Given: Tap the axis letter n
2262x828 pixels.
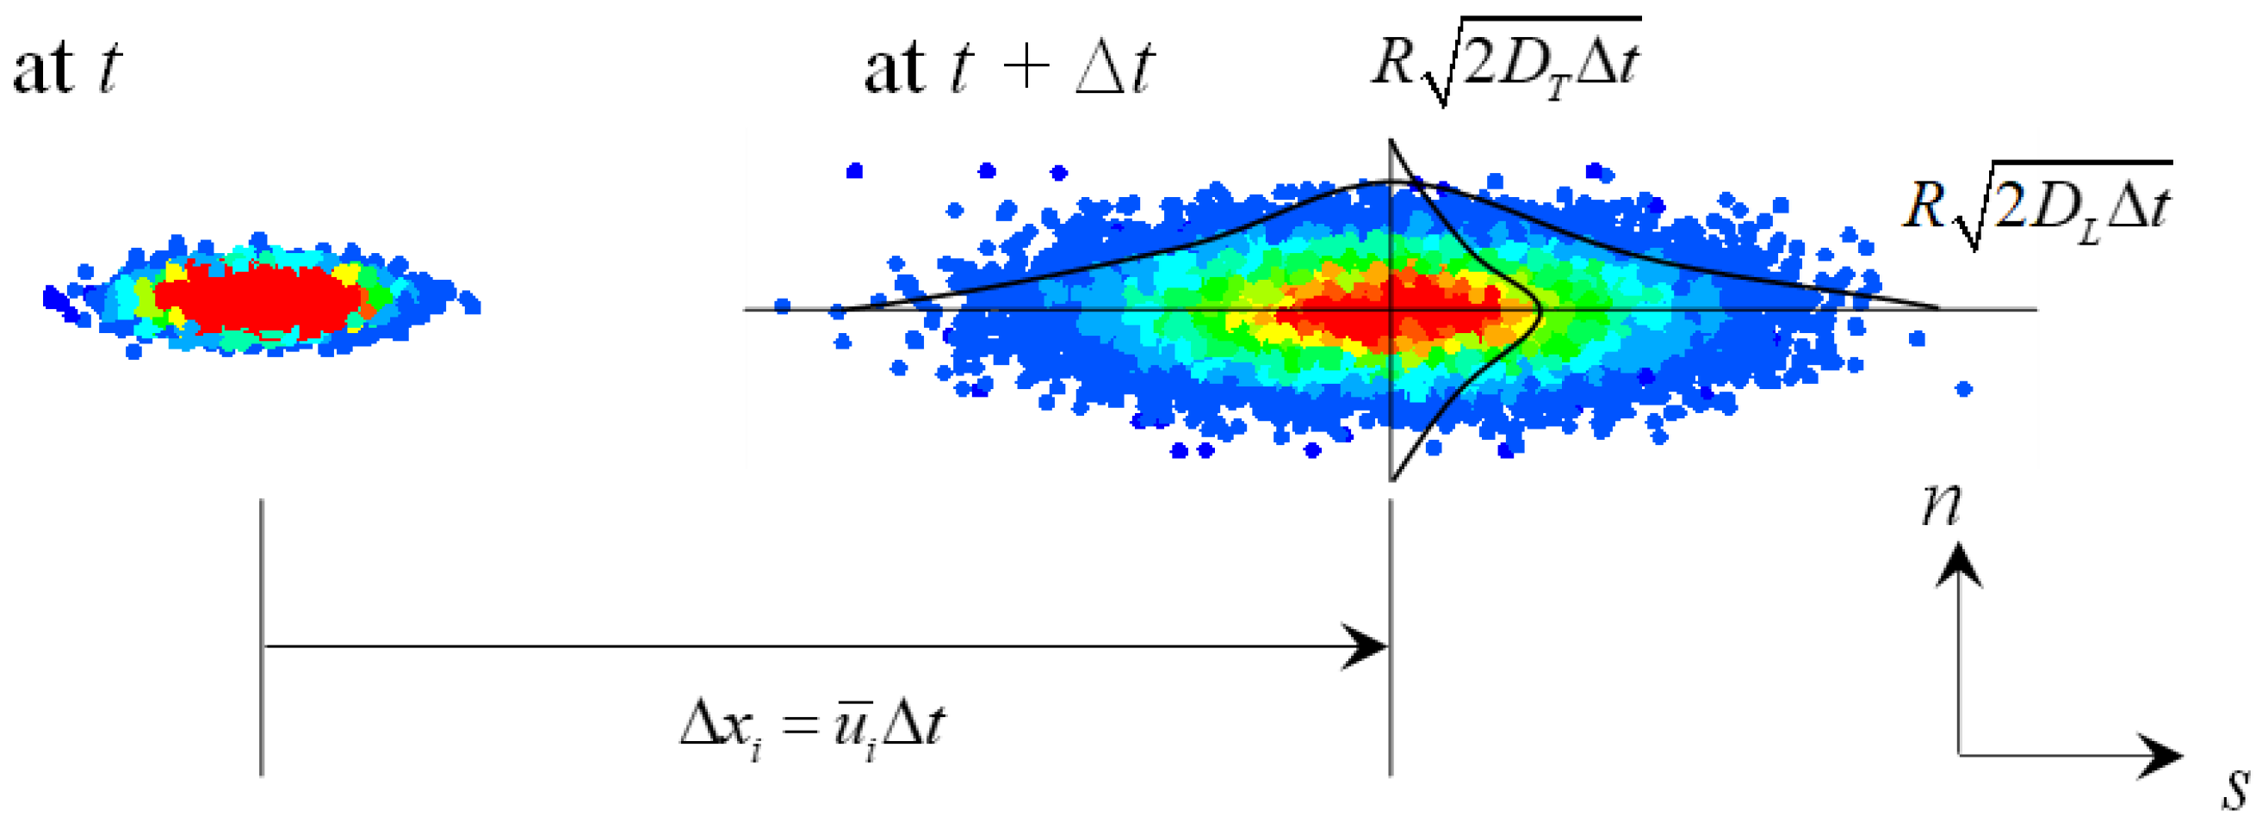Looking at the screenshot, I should (1941, 506).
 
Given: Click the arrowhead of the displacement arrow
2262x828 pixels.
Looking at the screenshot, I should (1370, 647).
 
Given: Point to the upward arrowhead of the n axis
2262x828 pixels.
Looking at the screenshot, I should (1959, 562).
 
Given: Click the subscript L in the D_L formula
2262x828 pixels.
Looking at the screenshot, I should (2087, 232).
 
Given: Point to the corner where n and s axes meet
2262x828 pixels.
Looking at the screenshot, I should (1959, 754).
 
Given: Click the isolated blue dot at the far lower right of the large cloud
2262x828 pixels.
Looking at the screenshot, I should (1964, 389).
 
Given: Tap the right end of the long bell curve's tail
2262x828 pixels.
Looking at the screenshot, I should (1937, 307).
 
